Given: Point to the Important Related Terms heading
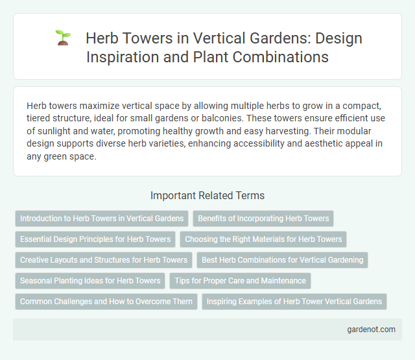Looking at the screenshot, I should point(207,195).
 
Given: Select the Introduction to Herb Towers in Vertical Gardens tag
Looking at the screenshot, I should point(102,219).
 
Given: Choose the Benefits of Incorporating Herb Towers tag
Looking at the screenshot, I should point(263,219).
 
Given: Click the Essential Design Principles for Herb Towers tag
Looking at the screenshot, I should point(95,239).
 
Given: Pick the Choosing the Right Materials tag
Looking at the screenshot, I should point(263,239).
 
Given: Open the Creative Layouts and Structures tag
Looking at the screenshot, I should point(104,260).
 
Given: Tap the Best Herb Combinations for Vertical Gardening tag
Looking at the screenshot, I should point(282,260).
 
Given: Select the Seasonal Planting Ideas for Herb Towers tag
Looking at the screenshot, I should point(90,281).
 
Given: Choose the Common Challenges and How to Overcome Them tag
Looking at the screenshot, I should point(106,302).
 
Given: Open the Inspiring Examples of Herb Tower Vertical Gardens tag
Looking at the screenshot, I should point(294,302).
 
